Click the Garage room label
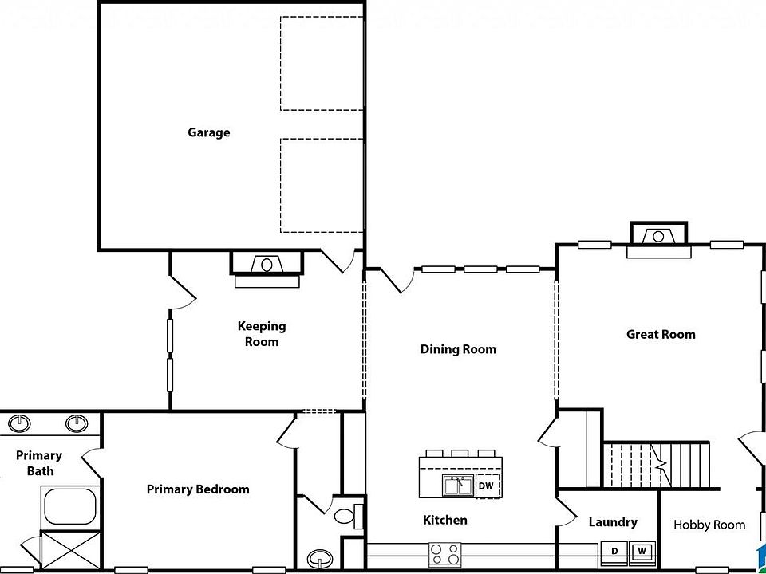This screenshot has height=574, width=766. [208, 132]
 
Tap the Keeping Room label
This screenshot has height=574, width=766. [261, 334]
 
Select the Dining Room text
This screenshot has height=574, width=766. [458, 349]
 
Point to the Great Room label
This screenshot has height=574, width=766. [661, 335]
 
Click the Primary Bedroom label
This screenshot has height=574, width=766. [198, 489]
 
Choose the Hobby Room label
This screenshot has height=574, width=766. [709, 525]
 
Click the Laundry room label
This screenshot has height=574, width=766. [613, 522]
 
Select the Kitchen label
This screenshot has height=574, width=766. [445, 521]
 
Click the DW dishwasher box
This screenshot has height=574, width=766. [487, 485]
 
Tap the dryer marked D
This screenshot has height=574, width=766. [614, 551]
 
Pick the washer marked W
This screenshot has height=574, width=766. [641, 551]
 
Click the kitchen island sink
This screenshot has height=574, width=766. [457, 485]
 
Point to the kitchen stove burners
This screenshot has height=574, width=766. [444, 551]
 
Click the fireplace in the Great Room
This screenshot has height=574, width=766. [658, 237]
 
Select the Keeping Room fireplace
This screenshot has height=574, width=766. [267, 265]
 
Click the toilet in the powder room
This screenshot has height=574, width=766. [346, 514]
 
